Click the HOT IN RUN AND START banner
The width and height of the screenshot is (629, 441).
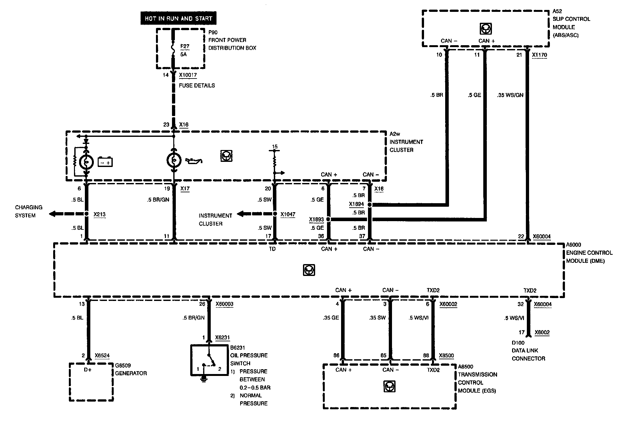click(178, 19)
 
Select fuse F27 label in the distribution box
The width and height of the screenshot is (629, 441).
click(185, 46)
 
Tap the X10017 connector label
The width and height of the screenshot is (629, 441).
click(188, 75)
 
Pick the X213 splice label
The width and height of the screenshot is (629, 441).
click(99, 214)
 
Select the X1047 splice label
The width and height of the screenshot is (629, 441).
click(288, 214)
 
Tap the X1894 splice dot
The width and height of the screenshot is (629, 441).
click(370, 204)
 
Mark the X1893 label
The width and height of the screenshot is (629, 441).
click(316, 220)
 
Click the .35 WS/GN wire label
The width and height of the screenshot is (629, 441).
click(510, 95)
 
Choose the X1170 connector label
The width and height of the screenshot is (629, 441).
click(539, 55)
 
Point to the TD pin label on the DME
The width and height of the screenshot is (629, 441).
click(272, 249)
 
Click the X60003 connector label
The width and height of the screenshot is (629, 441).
click(224, 304)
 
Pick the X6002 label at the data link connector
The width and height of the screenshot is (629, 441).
click(542, 333)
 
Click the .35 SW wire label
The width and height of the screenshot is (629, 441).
click(377, 318)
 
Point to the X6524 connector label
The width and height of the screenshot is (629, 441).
click(102, 356)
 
